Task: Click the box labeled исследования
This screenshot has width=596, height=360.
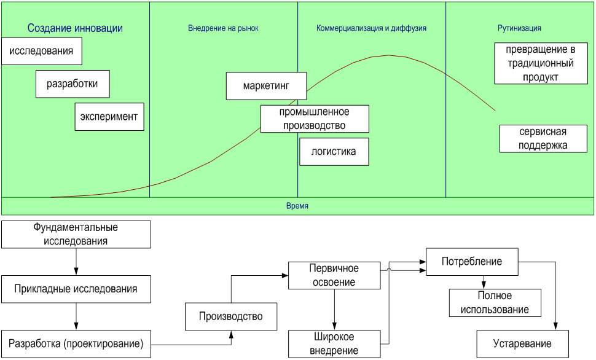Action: (x=42, y=52)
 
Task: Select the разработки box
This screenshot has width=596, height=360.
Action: (x=73, y=84)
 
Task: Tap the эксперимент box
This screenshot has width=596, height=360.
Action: (x=109, y=116)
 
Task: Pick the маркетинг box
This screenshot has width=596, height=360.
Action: (x=266, y=86)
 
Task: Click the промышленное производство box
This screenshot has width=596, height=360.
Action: (x=315, y=119)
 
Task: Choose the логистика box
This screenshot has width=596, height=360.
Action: (x=334, y=151)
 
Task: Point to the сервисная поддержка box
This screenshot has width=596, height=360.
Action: (x=542, y=139)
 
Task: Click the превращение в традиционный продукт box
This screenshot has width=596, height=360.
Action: (x=541, y=63)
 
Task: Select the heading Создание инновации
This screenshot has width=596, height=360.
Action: (x=75, y=28)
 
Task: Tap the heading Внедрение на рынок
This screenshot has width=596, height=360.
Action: (x=224, y=28)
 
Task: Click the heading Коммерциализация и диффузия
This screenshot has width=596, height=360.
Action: (x=371, y=28)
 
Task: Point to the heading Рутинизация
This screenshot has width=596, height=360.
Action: (x=519, y=28)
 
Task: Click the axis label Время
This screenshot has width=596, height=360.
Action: (x=297, y=206)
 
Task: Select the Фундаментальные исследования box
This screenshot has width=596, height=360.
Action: (x=76, y=235)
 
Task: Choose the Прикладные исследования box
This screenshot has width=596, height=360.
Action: (x=76, y=288)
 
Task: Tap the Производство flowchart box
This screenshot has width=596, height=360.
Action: (x=231, y=317)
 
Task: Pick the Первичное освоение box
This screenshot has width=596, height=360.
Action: (x=334, y=276)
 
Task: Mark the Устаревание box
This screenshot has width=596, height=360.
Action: (x=522, y=343)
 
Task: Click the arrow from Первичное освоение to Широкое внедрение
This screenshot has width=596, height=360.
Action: (x=334, y=310)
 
